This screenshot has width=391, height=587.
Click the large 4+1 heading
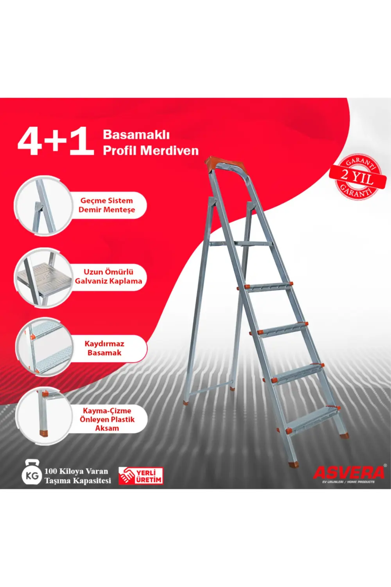point(56,141)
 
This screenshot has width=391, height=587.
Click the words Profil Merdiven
point(151,151)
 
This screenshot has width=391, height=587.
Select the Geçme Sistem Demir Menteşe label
point(107,205)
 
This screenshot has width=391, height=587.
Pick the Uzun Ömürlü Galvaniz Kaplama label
point(108,276)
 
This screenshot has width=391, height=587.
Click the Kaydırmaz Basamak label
point(104,348)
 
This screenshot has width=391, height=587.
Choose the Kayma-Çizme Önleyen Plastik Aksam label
point(107,419)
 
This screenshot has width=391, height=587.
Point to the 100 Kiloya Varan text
point(76,472)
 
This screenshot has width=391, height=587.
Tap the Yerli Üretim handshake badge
point(141,476)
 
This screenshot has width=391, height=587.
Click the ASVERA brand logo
point(349,473)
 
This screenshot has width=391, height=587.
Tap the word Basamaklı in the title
point(136,135)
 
